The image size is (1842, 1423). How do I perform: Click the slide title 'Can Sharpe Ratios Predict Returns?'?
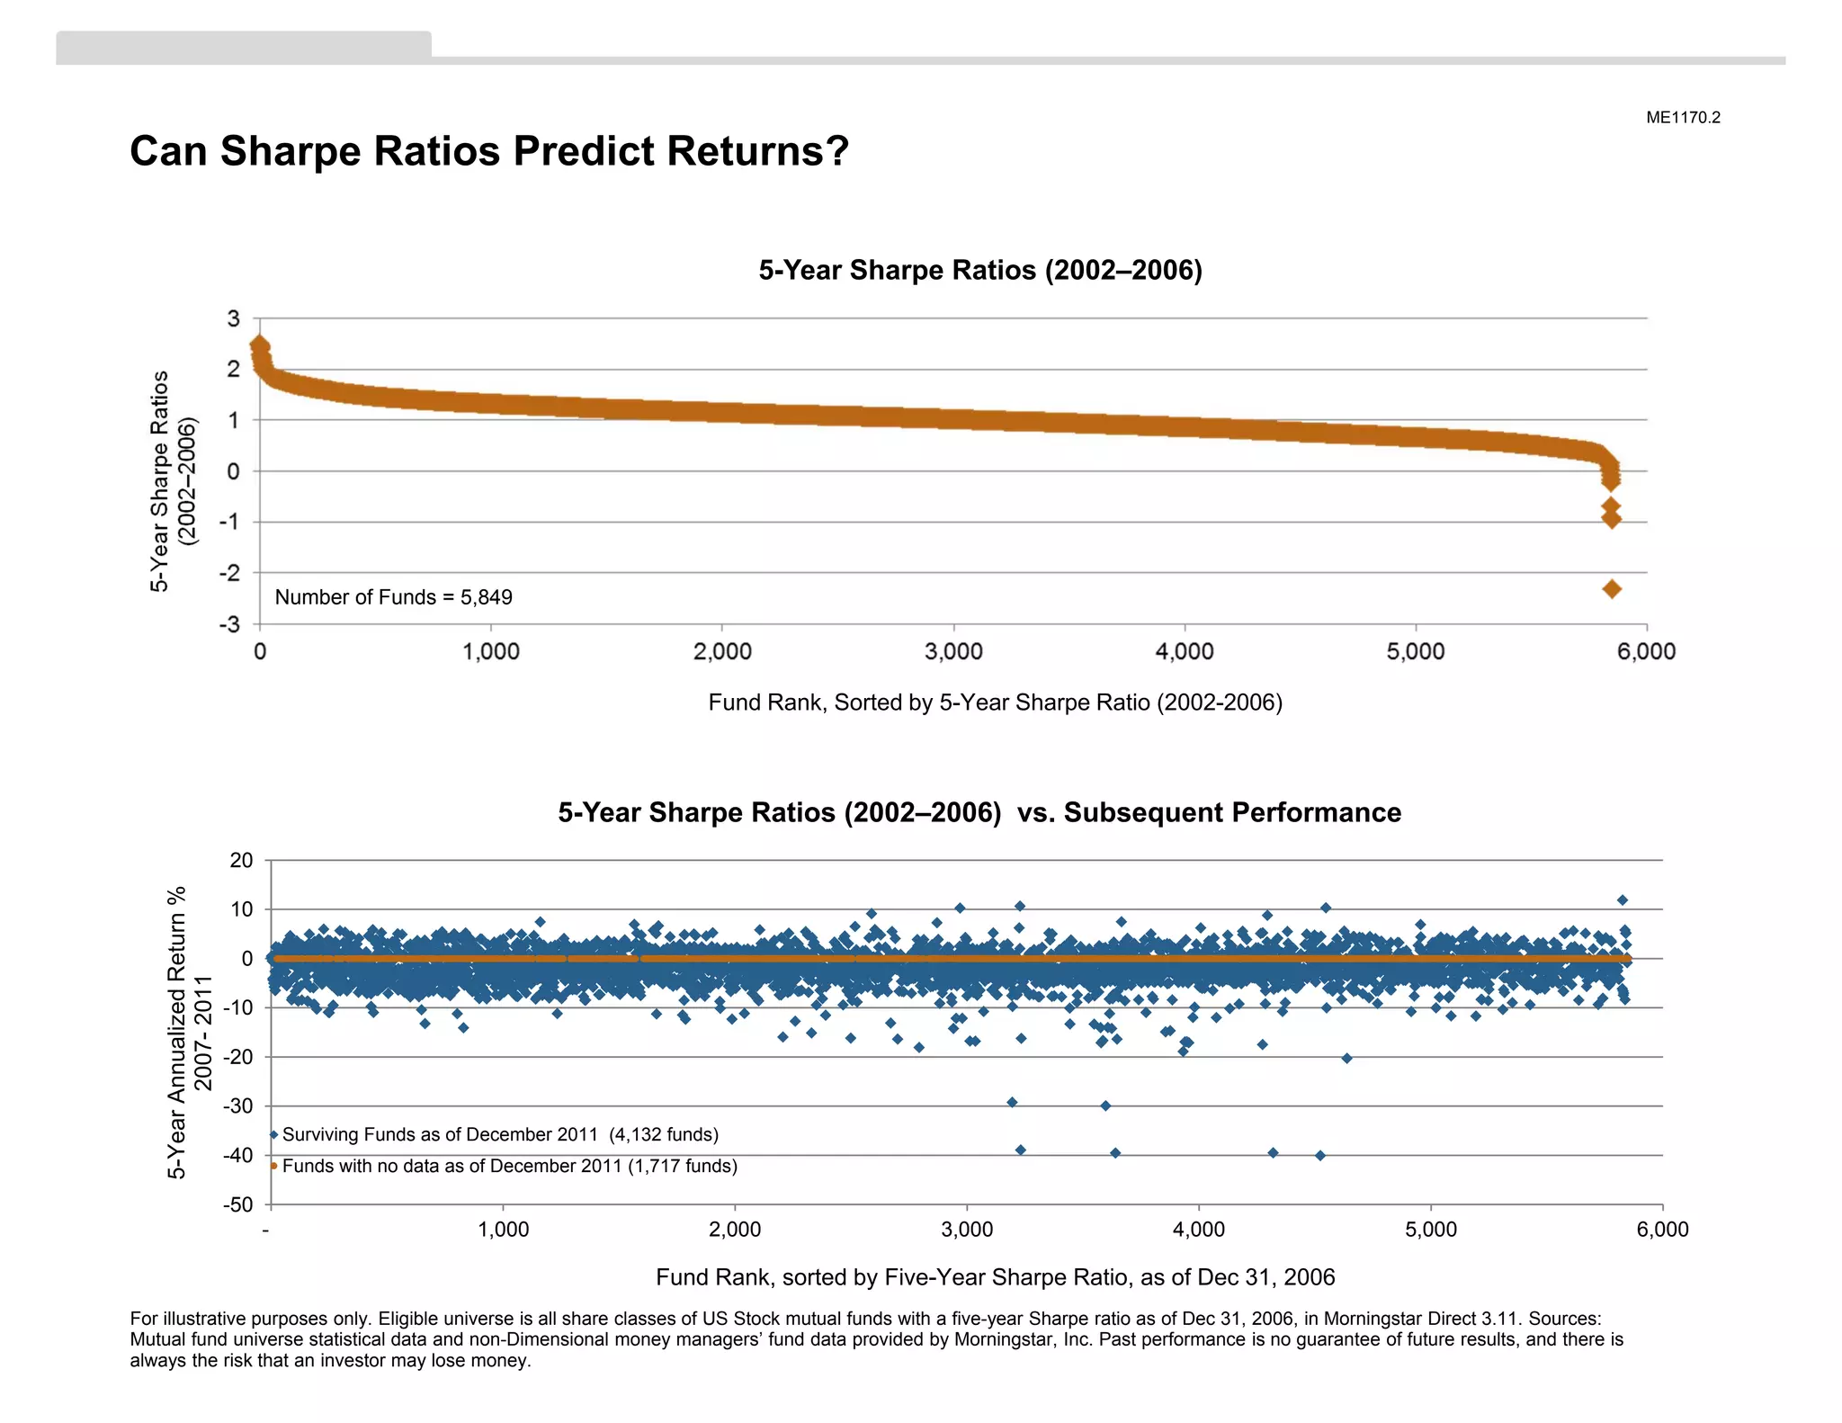[489, 151]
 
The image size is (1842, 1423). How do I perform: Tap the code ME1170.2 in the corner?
[1683, 118]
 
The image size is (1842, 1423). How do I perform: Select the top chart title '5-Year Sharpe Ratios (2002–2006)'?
[980, 270]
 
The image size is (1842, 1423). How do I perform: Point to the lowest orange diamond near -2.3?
[1612, 589]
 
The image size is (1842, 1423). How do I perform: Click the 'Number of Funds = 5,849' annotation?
[393, 597]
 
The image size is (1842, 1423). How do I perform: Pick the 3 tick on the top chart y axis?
[234, 318]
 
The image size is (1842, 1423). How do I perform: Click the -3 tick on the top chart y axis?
[230, 624]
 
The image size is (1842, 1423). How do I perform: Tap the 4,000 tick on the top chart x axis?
[1185, 651]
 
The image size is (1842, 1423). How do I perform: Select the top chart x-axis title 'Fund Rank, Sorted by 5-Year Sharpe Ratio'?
[995, 703]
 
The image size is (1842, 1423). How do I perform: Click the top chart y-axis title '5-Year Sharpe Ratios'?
[160, 480]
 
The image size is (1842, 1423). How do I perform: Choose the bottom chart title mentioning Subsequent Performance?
[979, 812]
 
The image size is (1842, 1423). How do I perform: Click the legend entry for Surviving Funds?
[500, 1134]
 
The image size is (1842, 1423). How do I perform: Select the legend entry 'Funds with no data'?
[509, 1166]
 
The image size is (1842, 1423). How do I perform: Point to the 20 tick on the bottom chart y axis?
[242, 860]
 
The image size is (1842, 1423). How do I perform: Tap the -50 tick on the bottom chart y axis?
[238, 1204]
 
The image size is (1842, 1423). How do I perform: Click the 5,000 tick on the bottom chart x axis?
[1430, 1230]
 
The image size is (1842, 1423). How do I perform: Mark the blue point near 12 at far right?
[1623, 900]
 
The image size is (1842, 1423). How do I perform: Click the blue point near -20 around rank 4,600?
[1346, 1058]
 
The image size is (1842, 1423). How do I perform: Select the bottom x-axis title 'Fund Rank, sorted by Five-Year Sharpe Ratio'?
[995, 1277]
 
